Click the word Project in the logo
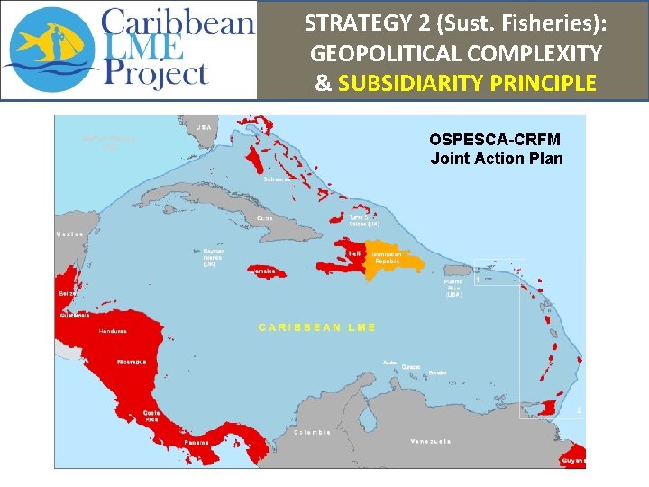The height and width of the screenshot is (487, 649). click(157, 72)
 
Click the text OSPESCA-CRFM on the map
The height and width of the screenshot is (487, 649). click(495, 140)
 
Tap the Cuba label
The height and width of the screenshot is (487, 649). click(265, 218)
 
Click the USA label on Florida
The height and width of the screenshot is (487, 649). click(205, 127)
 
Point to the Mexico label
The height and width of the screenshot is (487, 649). click(70, 234)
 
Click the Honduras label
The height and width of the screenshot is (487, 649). click(113, 331)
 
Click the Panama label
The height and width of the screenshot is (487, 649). click(197, 442)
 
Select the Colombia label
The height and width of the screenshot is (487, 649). click(313, 432)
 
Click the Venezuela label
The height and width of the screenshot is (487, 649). click(430, 441)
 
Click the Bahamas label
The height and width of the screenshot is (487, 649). click(277, 179)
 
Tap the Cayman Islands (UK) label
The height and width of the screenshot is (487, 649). click(215, 257)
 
